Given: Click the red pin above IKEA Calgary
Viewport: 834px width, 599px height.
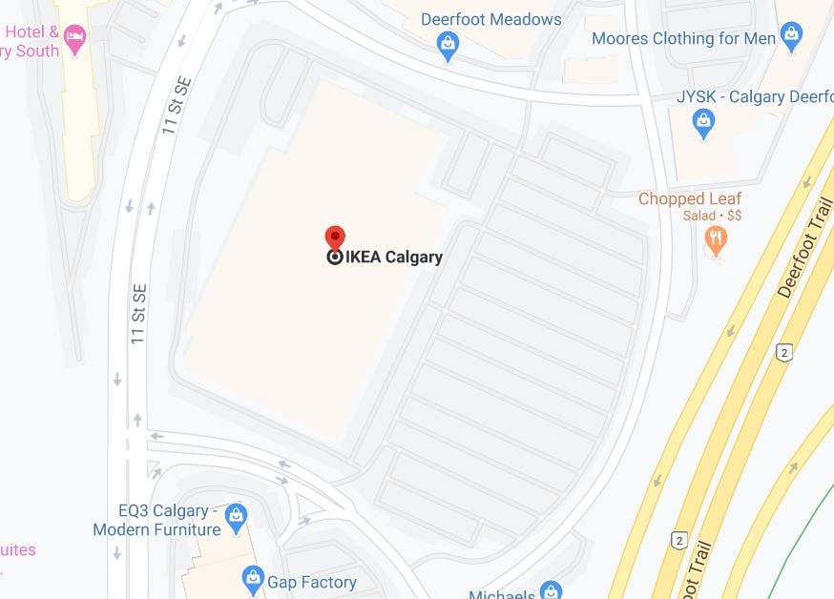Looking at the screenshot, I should coord(335,237).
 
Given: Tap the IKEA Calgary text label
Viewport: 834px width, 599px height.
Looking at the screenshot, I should coord(394,258).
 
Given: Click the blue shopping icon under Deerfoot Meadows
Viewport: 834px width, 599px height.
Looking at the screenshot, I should coord(448,43).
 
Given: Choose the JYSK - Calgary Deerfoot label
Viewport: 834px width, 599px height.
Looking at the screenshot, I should coord(757,97).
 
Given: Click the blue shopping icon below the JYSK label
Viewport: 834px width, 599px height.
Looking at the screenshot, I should coord(704,122).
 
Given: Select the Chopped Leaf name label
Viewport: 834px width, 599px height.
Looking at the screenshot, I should coord(689,198).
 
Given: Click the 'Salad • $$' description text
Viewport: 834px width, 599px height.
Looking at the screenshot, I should coord(712,217).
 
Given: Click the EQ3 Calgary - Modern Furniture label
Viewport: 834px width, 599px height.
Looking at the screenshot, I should coord(156,520).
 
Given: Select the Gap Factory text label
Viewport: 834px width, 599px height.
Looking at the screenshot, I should coord(311,582).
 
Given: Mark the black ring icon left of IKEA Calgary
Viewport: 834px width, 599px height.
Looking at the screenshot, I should coord(335,258).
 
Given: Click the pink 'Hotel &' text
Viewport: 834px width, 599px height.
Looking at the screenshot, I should coord(31,31).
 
